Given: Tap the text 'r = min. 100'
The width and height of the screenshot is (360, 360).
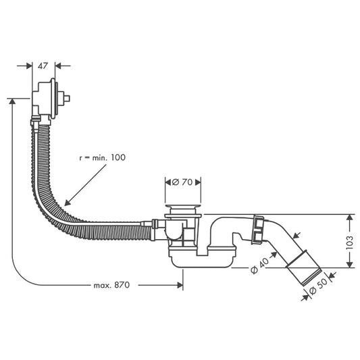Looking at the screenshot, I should [101, 157].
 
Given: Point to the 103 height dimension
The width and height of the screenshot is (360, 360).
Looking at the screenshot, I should [350, 240].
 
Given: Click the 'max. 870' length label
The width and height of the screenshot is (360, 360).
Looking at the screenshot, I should [111, 285].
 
